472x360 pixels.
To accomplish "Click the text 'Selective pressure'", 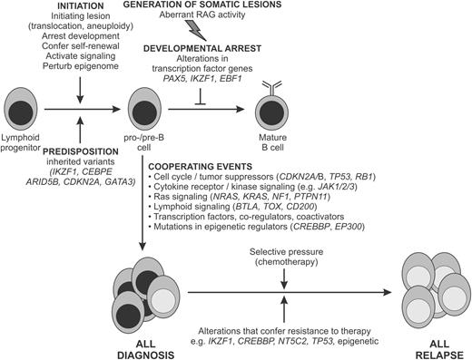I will (x=285, y=251).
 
